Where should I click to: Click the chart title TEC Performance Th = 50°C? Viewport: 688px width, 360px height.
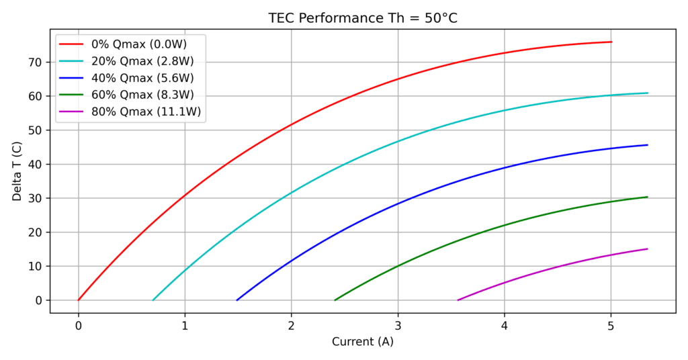tap(363, 18)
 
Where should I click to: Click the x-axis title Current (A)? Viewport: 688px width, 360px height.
tap(363, 342)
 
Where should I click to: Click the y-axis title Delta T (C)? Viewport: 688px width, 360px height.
tap(17, 171)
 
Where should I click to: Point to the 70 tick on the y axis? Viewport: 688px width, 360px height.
tap(34, 62)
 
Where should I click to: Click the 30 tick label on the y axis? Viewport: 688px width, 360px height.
tap(34, 199)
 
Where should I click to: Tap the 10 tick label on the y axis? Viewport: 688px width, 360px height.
tap(34, 267)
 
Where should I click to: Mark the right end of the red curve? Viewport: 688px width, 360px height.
tap(611, 42)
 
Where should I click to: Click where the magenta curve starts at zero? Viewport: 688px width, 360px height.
tap(458, 300)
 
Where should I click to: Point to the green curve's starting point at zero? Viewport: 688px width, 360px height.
tap(335, 300)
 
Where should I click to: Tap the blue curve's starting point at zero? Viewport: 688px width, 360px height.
tap(236, 300)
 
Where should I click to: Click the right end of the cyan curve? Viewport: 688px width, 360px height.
tap(648, 93)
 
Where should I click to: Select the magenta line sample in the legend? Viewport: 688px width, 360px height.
tap(71, 111)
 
